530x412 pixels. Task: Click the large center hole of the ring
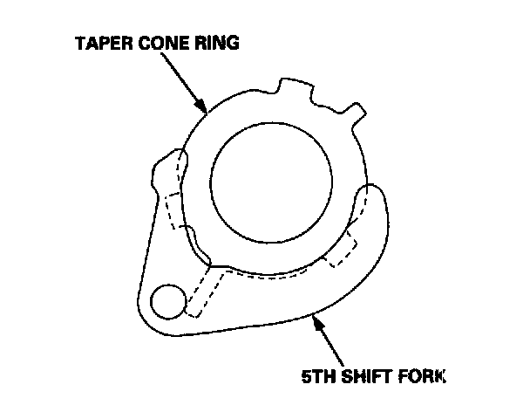(271, 179)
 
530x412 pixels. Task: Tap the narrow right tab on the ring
(355, 111)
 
